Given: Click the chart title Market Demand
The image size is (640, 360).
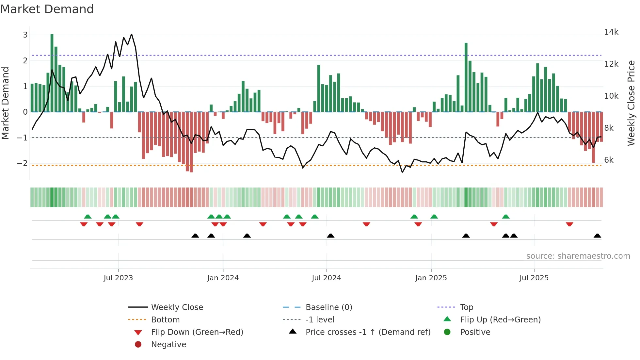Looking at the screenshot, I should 47,9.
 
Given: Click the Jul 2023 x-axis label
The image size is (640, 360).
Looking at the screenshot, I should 118,278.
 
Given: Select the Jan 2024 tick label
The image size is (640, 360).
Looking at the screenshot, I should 223,278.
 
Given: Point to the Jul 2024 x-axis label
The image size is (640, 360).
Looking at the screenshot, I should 326,278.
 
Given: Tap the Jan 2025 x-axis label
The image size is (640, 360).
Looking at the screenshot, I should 431,278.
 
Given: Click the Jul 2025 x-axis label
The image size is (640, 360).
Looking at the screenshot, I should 534,278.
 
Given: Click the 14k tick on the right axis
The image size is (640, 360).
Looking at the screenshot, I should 611,32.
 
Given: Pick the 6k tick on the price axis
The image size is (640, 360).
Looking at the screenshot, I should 609,160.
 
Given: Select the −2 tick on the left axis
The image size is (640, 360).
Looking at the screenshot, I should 22,163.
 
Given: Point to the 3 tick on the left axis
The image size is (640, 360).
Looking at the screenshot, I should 25,35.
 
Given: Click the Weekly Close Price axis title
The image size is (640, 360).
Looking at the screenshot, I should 631,103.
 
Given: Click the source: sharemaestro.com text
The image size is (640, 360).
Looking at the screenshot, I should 578,256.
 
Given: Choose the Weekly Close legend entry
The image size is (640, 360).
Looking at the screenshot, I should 177,307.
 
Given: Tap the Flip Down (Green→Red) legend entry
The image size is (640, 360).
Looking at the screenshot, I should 197,332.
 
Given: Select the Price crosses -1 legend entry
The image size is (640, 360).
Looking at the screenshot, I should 368,332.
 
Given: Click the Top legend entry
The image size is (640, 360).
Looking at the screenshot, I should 466,307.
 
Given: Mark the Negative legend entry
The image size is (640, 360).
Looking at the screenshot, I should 168,345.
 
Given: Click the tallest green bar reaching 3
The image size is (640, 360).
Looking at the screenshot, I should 52,72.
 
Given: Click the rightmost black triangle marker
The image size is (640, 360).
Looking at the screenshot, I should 597,236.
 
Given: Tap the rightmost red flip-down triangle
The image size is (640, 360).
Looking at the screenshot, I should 569,224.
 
